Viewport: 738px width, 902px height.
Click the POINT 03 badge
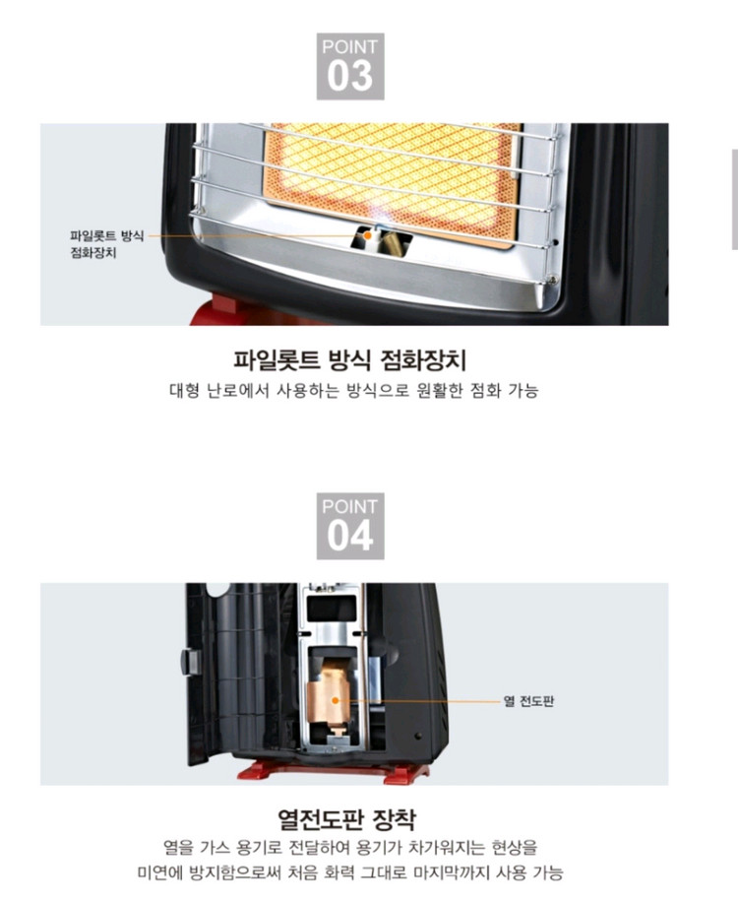click(349, 66)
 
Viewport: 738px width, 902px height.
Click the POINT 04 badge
click(349, 526)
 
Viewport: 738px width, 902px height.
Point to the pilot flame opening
click(368, 236)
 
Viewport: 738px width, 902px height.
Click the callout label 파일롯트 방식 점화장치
click(107, 243)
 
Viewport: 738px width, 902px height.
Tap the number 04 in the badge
click(349, 537)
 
